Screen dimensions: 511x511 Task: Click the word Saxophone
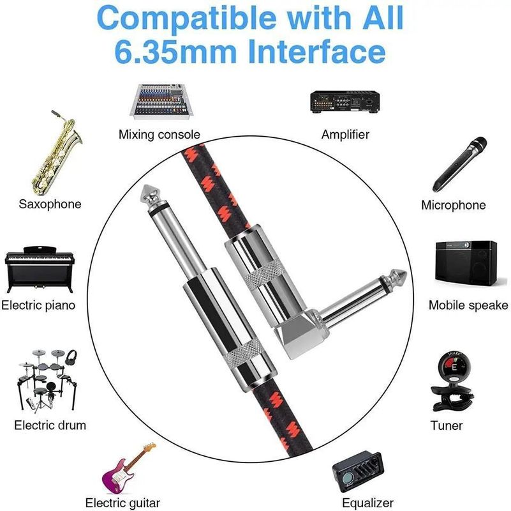click(x=50, y=204)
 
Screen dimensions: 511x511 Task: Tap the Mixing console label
click(x=159, y=135)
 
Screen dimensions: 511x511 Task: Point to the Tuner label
click(x=447, y=425)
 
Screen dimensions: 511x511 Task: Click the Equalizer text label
click(x=367, y=503)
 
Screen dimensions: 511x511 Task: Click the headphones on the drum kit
click(x=71, y=355)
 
